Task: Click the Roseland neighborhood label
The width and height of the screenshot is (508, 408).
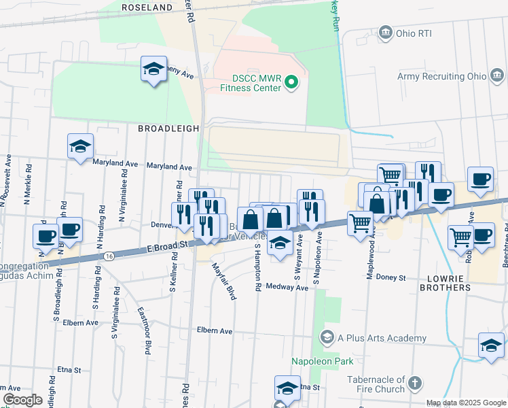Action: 147,7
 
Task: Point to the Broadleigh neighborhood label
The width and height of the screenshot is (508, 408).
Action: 168,128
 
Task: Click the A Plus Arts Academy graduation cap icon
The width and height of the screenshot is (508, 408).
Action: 327,338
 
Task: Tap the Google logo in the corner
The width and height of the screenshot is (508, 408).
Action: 22,400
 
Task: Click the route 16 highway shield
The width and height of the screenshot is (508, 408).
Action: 109,256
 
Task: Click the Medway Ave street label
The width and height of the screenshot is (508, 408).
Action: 287,287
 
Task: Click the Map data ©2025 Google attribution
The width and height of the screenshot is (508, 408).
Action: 465,403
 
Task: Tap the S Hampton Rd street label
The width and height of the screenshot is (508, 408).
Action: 258,269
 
